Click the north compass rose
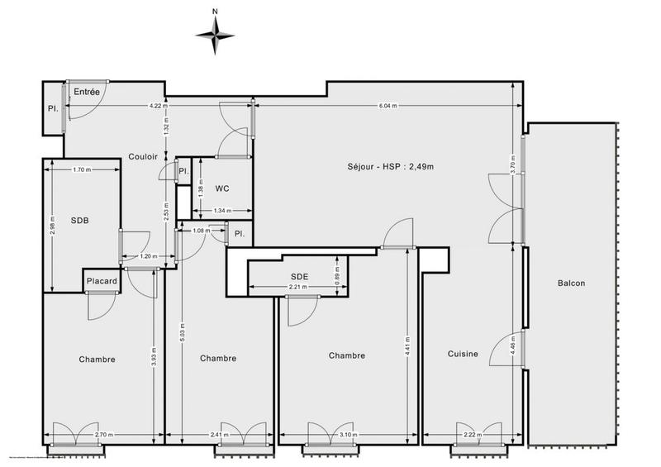[215, 34]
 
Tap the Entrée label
[87, 92]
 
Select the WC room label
[221, 188]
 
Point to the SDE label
[299, 276]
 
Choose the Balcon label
[571, 284]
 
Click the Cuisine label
[463, 355]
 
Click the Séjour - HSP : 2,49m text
[391, 167]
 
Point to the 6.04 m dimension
[388, 106]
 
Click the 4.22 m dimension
[158, 106]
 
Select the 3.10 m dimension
[348, 434]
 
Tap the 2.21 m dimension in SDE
[297, 288]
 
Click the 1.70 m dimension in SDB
[81, 170]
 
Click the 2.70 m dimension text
[102, 434]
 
